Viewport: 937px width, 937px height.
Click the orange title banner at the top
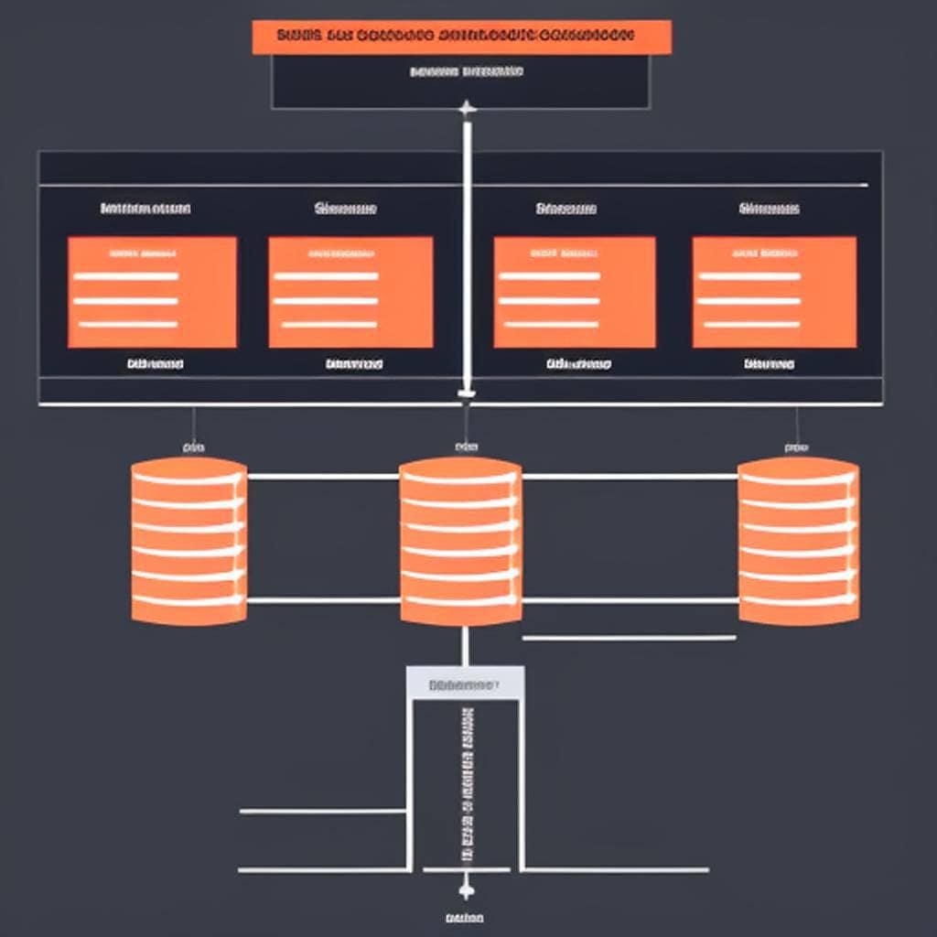[461, 37]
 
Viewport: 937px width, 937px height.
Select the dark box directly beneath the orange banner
[461, 82]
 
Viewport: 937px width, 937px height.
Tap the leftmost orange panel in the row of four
[152, 292]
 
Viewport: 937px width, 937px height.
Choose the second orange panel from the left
[350, 292]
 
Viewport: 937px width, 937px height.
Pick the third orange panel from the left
[575, 292]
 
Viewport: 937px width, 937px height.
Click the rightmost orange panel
[774, 292]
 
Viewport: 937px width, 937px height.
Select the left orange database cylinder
[188, 542]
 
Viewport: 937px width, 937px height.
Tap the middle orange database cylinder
[460, 542]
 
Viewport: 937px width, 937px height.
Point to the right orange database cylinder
[798, 542]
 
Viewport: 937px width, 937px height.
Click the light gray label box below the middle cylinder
[465, 683]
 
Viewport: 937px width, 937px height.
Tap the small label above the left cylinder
[193, 447]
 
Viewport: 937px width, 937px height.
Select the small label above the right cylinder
[796, 447]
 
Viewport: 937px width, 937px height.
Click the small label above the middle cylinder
[467, 447]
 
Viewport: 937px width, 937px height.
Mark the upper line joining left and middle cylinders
[323, 477]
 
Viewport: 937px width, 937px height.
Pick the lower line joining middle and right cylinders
[630, 601]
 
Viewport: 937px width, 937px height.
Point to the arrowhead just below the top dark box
[468, 109]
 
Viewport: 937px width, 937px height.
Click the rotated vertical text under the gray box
[467, 782]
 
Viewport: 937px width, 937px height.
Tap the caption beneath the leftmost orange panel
[155, 364]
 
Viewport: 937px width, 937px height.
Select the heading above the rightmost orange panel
[769, 209]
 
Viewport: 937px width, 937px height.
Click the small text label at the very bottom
[464, 918]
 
